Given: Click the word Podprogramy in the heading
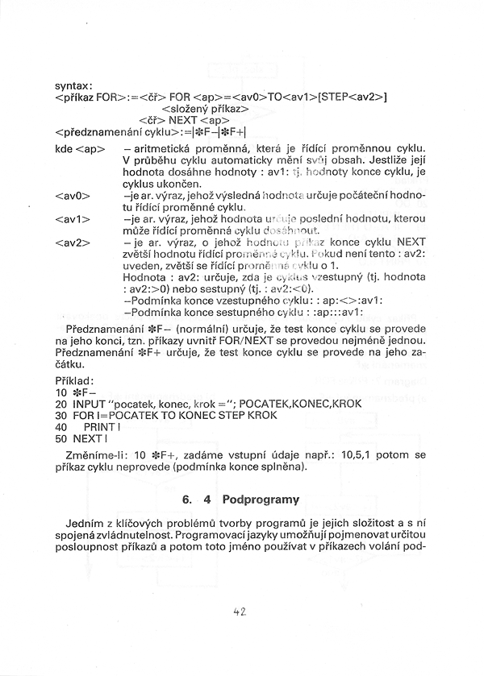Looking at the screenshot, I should [261, 499].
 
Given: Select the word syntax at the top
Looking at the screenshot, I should [73, 85].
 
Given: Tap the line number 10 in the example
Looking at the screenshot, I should [61, 392].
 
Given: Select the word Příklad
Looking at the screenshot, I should [75, 380].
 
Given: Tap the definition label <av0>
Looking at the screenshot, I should [73, 195].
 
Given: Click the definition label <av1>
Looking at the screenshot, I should [73, 218].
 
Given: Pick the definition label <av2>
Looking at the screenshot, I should [73, 242].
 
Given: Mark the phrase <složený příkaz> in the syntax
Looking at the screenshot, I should [205, 108].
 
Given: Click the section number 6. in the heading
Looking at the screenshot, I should [187, 499].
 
